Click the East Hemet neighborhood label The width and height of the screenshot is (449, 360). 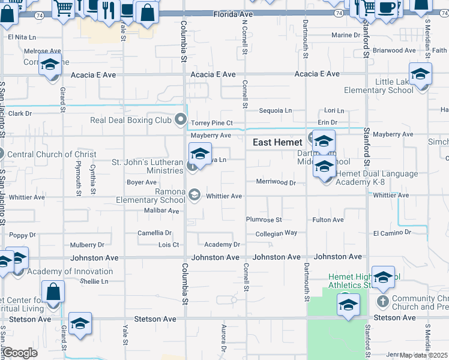coord(277,142)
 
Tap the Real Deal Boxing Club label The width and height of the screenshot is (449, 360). coord(131,120)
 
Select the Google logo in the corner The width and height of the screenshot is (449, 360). coord(20,352)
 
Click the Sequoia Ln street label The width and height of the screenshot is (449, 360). coord(275,110)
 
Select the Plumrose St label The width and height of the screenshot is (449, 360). coord(264,220)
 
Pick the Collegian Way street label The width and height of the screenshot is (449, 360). coord(276,233)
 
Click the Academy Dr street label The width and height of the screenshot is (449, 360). coord(222,245)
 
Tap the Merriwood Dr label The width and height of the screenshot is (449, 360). coord(276,182)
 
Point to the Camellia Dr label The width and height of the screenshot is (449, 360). coord(154,233)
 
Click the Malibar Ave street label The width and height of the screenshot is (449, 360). coord(162,211)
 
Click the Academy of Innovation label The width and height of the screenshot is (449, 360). coord(62,271)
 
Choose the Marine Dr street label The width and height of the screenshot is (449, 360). coord(346,35)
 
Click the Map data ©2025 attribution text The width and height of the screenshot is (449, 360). coord(424,355)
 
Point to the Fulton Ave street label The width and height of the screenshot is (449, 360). coord(328,220)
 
